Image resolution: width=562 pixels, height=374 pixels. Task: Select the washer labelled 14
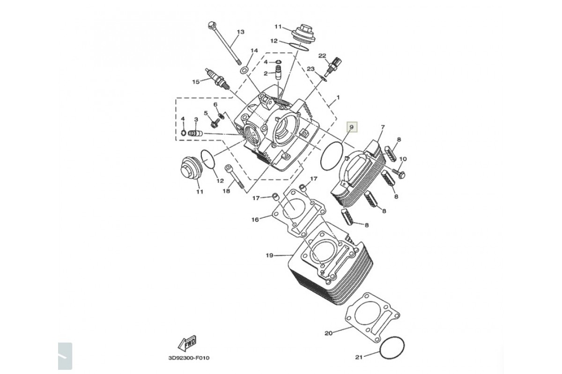244,70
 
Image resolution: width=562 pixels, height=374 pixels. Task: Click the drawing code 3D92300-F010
189,358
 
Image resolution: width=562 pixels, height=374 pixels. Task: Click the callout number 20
328,333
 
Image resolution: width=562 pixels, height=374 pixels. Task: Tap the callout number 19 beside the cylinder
269,255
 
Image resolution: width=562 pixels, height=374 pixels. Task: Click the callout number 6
215,104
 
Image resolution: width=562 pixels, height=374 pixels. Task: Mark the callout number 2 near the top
265,73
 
